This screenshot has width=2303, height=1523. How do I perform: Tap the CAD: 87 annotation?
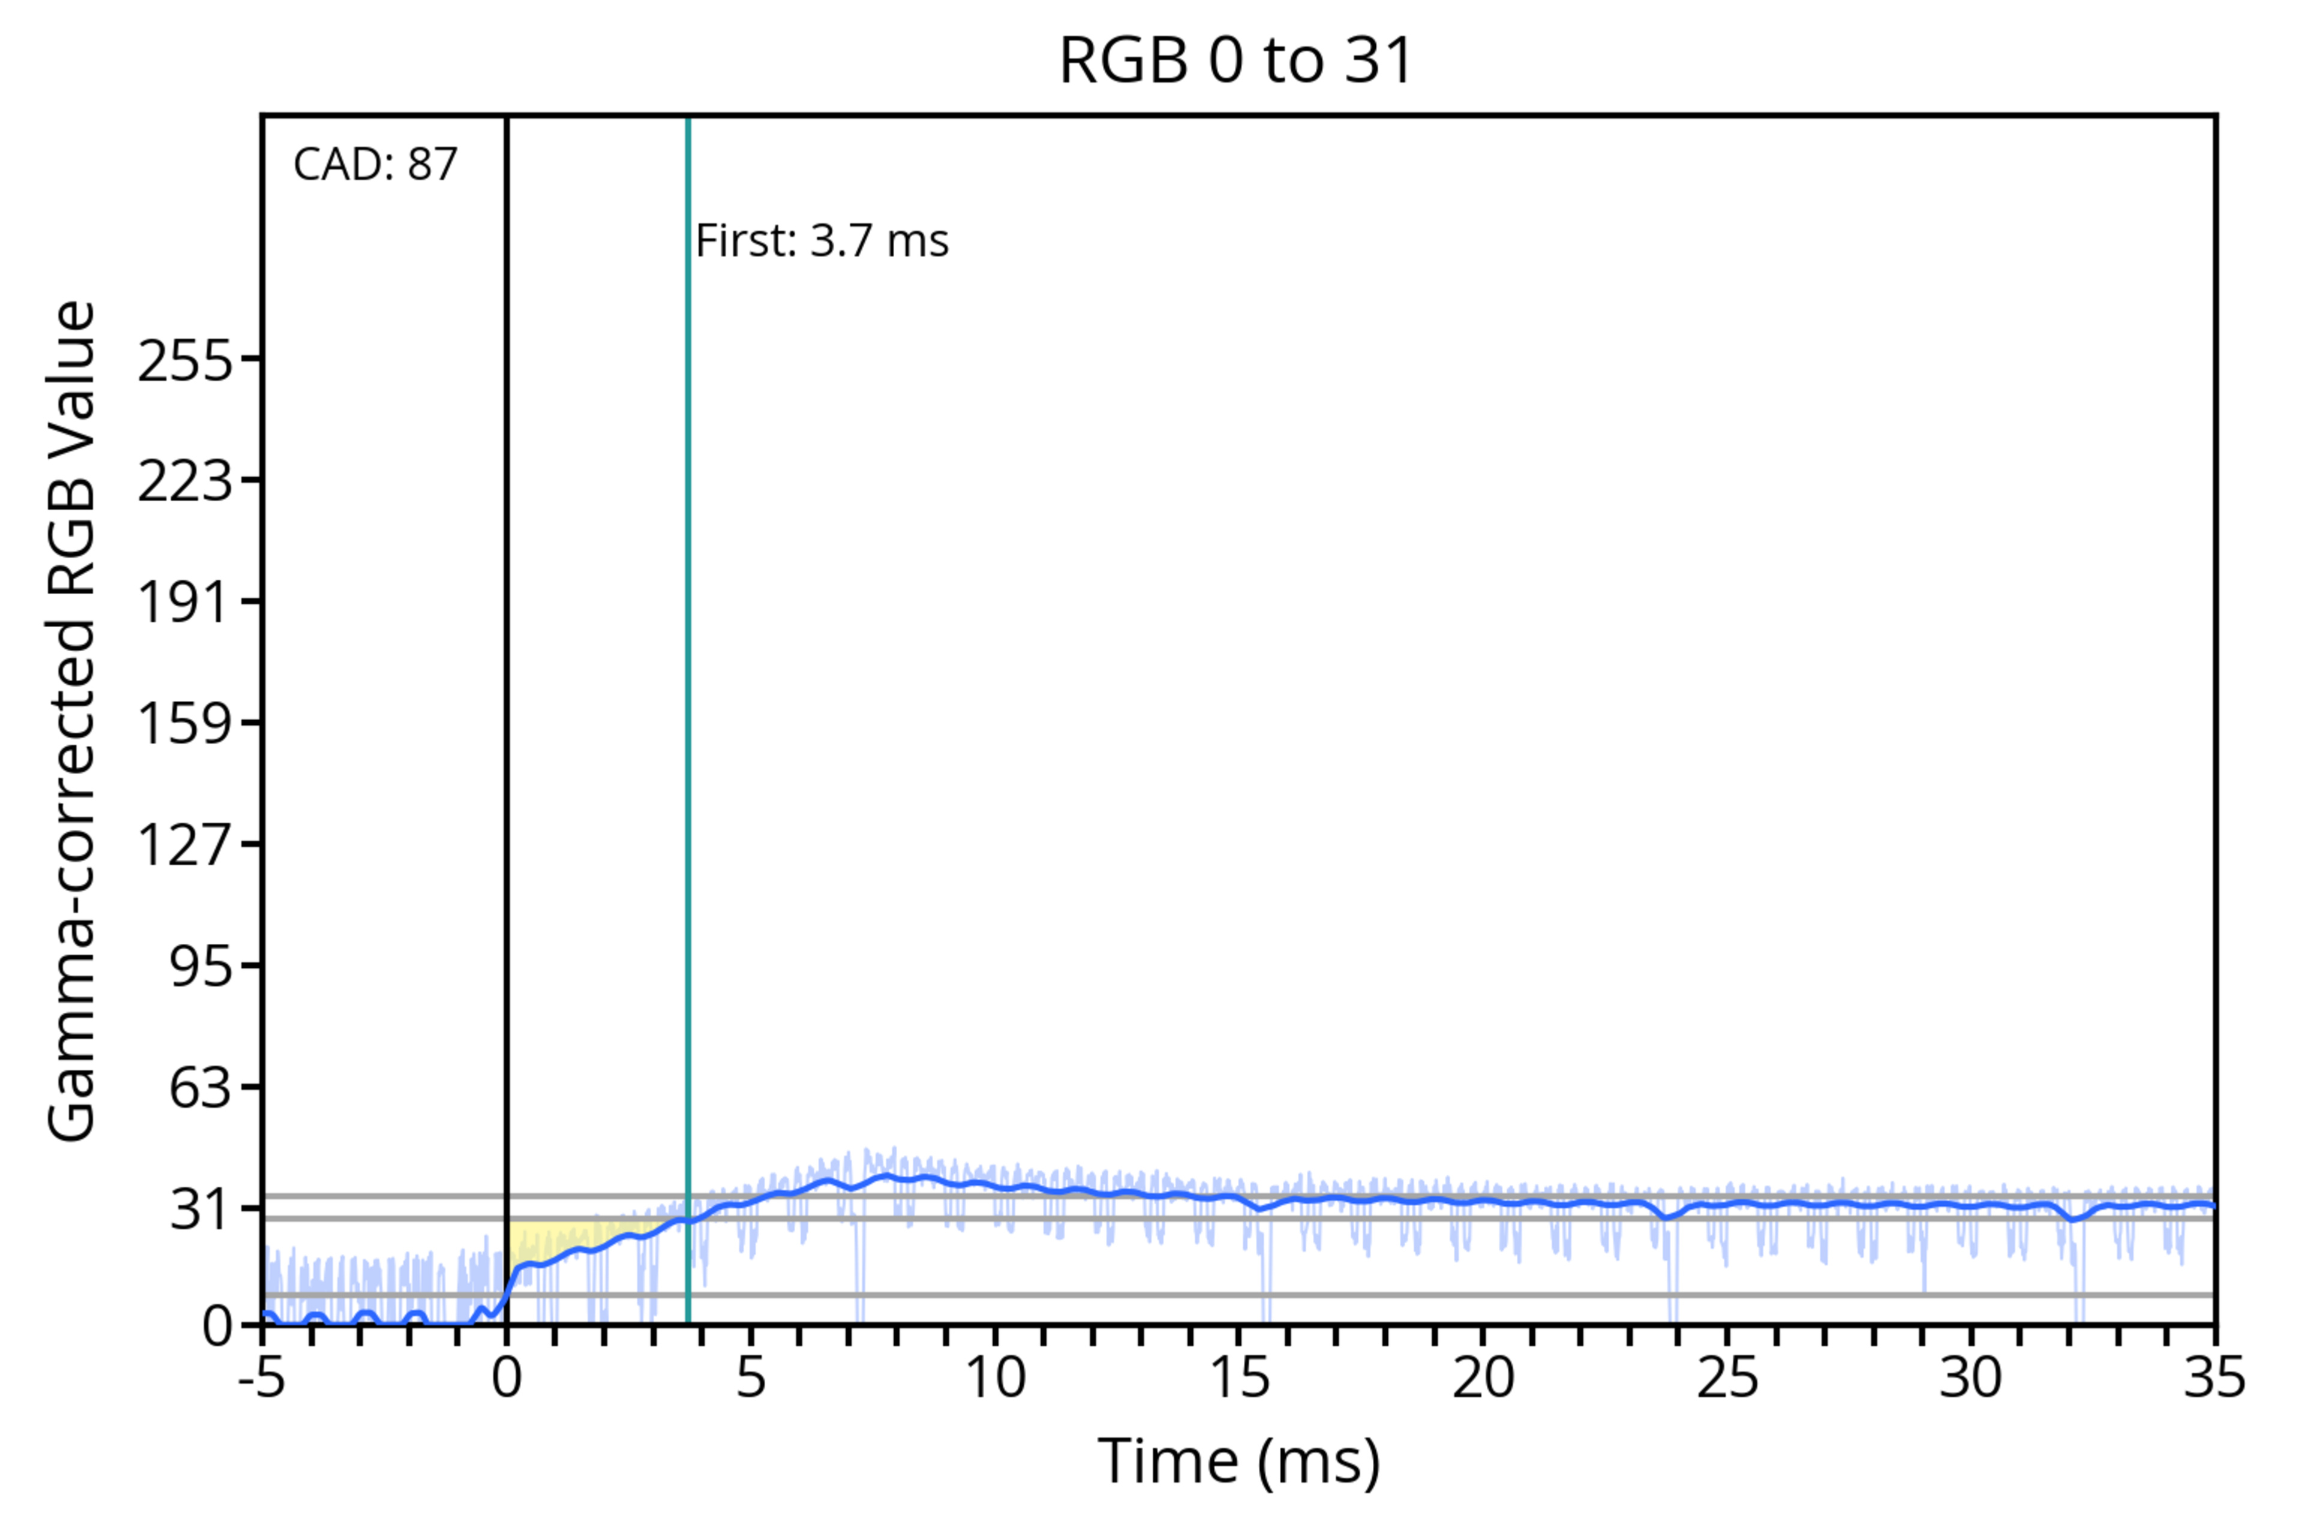pyautogui.click(x=375, y=164)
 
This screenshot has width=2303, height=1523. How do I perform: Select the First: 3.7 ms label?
pyautogui.click(x=822, y=241)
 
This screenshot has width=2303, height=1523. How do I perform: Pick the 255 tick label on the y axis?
pyautogui.click(x=185, y=362)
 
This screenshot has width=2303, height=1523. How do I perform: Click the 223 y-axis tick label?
pyautogui.click(x=185, y=481)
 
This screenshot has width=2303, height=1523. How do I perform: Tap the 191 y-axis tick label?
pyautogui.click(x=185, y=602)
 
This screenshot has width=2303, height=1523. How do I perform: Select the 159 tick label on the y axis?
pyautogui.click(x=185, y=724)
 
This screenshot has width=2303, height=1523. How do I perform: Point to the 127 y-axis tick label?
pyautogui.click(x=185, y=844)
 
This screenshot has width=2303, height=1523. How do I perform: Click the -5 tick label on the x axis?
pyautogui.click(x=262, y=1377)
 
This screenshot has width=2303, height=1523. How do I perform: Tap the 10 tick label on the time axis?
pyautogui.click(x=994, y=1377)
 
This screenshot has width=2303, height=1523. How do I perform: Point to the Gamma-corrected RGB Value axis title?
pyautogui.click(x=72, y=721)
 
